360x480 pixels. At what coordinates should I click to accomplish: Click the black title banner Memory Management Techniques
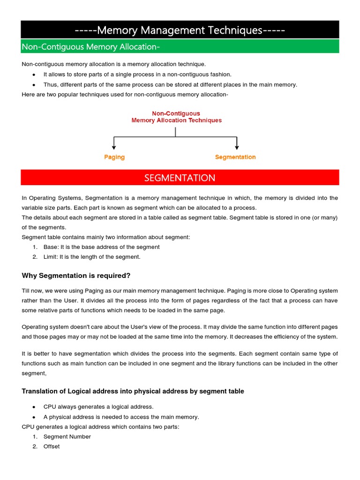(180, 30)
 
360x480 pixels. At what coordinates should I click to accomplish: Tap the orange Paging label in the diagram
(114, 157)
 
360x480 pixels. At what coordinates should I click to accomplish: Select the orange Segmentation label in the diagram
(235, 157)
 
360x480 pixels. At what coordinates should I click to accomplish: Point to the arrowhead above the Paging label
(114, 147)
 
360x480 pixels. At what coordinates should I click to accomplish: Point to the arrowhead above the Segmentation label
(237, 147)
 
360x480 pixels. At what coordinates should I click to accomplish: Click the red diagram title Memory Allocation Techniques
(176, 120)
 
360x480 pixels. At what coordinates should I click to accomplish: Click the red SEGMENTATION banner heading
(180, 178)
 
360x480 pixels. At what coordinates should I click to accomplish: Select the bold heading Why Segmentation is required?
(76, 275)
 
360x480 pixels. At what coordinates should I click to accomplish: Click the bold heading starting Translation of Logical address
(133, 391)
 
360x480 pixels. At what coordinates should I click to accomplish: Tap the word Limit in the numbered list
(51, 257)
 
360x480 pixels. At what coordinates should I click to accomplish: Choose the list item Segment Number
(67, 436)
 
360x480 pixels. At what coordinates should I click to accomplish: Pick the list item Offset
(52, 447)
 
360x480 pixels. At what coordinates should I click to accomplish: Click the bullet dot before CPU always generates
(34, 407)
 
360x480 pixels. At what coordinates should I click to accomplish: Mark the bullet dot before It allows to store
(34, 75)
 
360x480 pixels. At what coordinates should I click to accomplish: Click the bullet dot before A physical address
(34, 417)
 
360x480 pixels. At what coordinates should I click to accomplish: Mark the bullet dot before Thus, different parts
(34, 85)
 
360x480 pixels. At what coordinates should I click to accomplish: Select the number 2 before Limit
(35, 257)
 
